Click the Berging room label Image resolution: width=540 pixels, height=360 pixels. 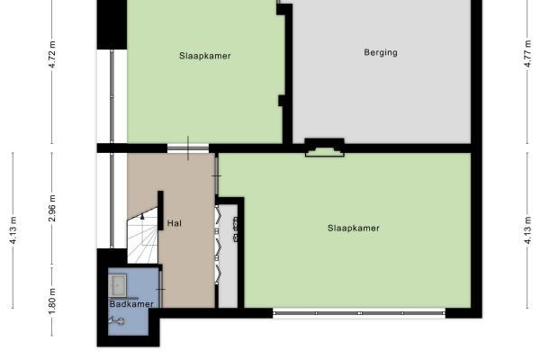click(x=381, y=53)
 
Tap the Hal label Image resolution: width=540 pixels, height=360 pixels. click(x=175, y=223)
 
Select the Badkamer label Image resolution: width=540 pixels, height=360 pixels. click(x=131, y=304)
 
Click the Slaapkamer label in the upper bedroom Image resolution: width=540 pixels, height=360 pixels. click(x=205, y=56)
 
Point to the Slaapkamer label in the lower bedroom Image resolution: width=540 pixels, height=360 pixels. click(x=354, y=228)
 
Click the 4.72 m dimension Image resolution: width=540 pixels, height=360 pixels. click(x=52, y=54)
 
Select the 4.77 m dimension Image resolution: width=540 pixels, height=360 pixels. click(x=527, y=54)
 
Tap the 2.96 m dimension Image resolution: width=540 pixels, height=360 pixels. click(x=52, y=209)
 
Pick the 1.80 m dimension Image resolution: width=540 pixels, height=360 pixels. click(x=52, y=301)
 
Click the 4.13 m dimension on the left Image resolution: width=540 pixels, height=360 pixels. click(x=13, y=230)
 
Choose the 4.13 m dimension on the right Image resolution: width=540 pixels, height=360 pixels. click(x=527, y=230)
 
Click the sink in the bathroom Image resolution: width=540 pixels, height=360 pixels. click(x=117, y=285)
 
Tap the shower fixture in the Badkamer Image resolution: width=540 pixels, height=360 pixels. click(x=117, y=321)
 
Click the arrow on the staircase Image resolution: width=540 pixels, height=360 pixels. click(x=142, y=217)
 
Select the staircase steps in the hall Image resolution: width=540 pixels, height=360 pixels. click(x=142, y=236)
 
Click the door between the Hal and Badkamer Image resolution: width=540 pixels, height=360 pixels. click(x=161, y=290)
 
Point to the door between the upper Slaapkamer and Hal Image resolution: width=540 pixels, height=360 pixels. click(x=188, y=148)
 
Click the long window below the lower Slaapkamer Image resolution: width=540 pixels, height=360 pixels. click(x=359, y=313)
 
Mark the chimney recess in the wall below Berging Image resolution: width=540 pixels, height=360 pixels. click(x=324, y=148)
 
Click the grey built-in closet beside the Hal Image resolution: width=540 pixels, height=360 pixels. click(x=228, y=256)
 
